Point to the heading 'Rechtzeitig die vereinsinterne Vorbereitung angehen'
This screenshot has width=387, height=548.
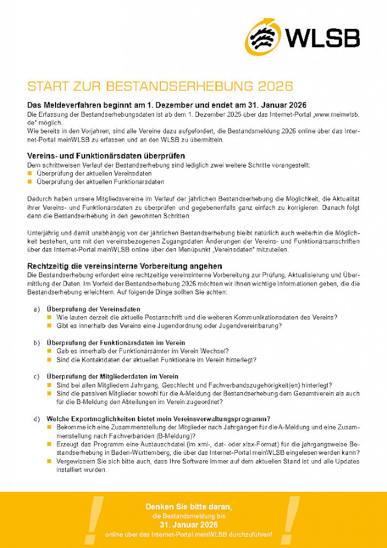[125, 266]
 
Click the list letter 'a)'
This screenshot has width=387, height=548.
[37, 309]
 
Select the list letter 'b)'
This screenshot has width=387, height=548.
[37, 342]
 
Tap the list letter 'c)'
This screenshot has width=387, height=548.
[37, 376]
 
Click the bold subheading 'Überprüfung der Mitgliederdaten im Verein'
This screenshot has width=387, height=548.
[112, 376]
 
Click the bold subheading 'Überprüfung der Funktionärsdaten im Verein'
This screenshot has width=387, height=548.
[116, 342]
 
